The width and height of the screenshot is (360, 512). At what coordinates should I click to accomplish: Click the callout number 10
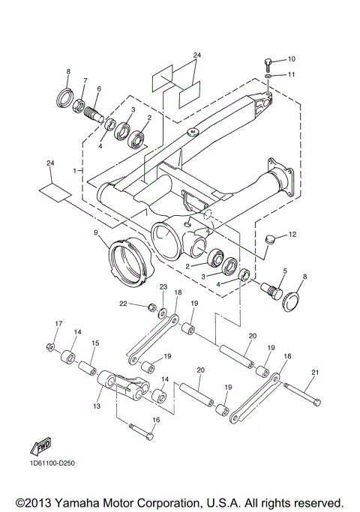(292, 58)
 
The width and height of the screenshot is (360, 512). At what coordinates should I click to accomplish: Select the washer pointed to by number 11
(269, 76)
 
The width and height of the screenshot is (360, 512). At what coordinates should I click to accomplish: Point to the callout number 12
(292, 235)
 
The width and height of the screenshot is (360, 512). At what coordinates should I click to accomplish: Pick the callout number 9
(97, 233)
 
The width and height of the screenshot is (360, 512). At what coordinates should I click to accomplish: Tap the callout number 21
(315, 373)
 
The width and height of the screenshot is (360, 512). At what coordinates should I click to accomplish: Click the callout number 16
(156, 420)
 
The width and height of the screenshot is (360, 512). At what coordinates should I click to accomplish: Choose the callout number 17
(57, 323)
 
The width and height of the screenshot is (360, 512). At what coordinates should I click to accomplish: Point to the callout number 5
(284, 271)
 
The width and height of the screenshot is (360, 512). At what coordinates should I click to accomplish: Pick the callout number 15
(95, 343)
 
